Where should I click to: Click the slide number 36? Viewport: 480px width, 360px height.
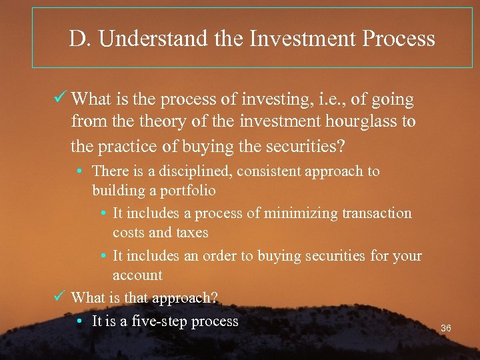(x=446, y=328)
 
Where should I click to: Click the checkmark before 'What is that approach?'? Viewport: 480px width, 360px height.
(x=59, y=297)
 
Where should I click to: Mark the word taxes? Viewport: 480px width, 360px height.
(x=192, y=233)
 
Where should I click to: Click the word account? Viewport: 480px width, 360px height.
(x=137, y=275)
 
